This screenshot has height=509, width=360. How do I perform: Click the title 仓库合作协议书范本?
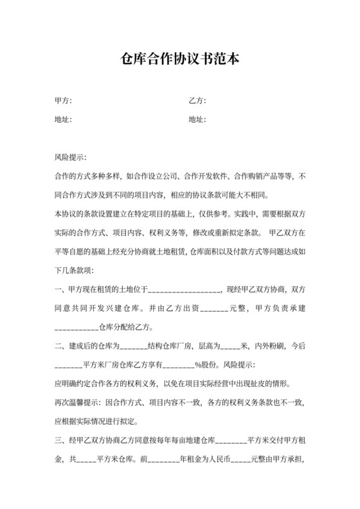(180, 60)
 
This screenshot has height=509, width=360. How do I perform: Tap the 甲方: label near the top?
(63, 101)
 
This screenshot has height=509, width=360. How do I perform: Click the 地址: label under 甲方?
(63, 119)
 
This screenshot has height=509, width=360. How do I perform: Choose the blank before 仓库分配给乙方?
(79, 328)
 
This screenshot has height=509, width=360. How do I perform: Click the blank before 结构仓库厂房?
(134, 346)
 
